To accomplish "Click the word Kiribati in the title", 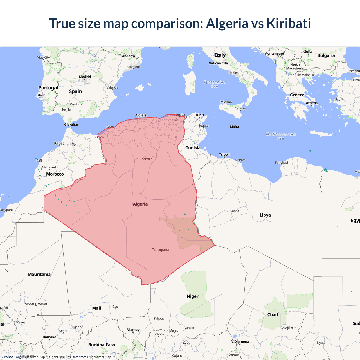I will pyautogui.click(x=289, y=23).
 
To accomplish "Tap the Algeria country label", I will pyautogui.click(x=140, y=204).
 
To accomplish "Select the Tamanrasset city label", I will pyautogui.click(x=161, y=249).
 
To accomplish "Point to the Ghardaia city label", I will pyautogui.click(x=146, y=159).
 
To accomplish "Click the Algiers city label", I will pyautogui.click(x=141, y=115).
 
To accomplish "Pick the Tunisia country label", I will pyautogui.click(x=193, y=148).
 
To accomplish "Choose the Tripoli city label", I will pyautogui.click(x=224, y=154).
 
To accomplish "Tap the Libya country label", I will pyautogui.click(x=265, y=215).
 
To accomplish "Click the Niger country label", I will pyautogui.click(x=192, y=296).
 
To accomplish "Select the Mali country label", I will pyautogui.click(x=96, y=308).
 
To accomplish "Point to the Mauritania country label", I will pyautogui.click(x=39, y=274).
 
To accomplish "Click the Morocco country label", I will pyautogui.click(x=55, y=174).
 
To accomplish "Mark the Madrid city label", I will pyautogui.click(x=85, y=77).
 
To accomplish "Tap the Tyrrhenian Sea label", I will pyautogui.click(x=215, y=84).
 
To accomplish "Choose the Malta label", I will pyautogui.click(x=234, y=127).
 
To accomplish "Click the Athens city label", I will pyautogui.click(x=312, y=103).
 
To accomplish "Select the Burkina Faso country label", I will pyautogui.click(x=102, y=345).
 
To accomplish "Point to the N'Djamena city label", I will pyautogui.click(x=240, y=342).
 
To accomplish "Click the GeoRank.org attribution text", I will pyautogui.click(x=11, y=357).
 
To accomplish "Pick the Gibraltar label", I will pyautogui.click(x=71, y=125).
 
